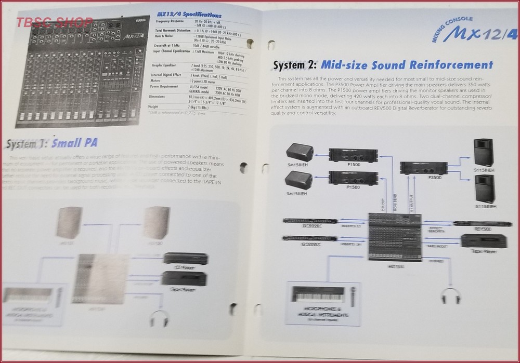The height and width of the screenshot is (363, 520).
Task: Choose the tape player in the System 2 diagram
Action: tap(483, 241)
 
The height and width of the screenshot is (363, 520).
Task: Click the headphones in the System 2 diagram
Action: tap(450, 296)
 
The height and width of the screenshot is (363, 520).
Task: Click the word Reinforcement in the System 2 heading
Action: tap(444, 65)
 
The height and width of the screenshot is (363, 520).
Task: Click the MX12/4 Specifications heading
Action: tap(189, 16)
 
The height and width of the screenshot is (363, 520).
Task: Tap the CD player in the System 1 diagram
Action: tap(186, 259)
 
